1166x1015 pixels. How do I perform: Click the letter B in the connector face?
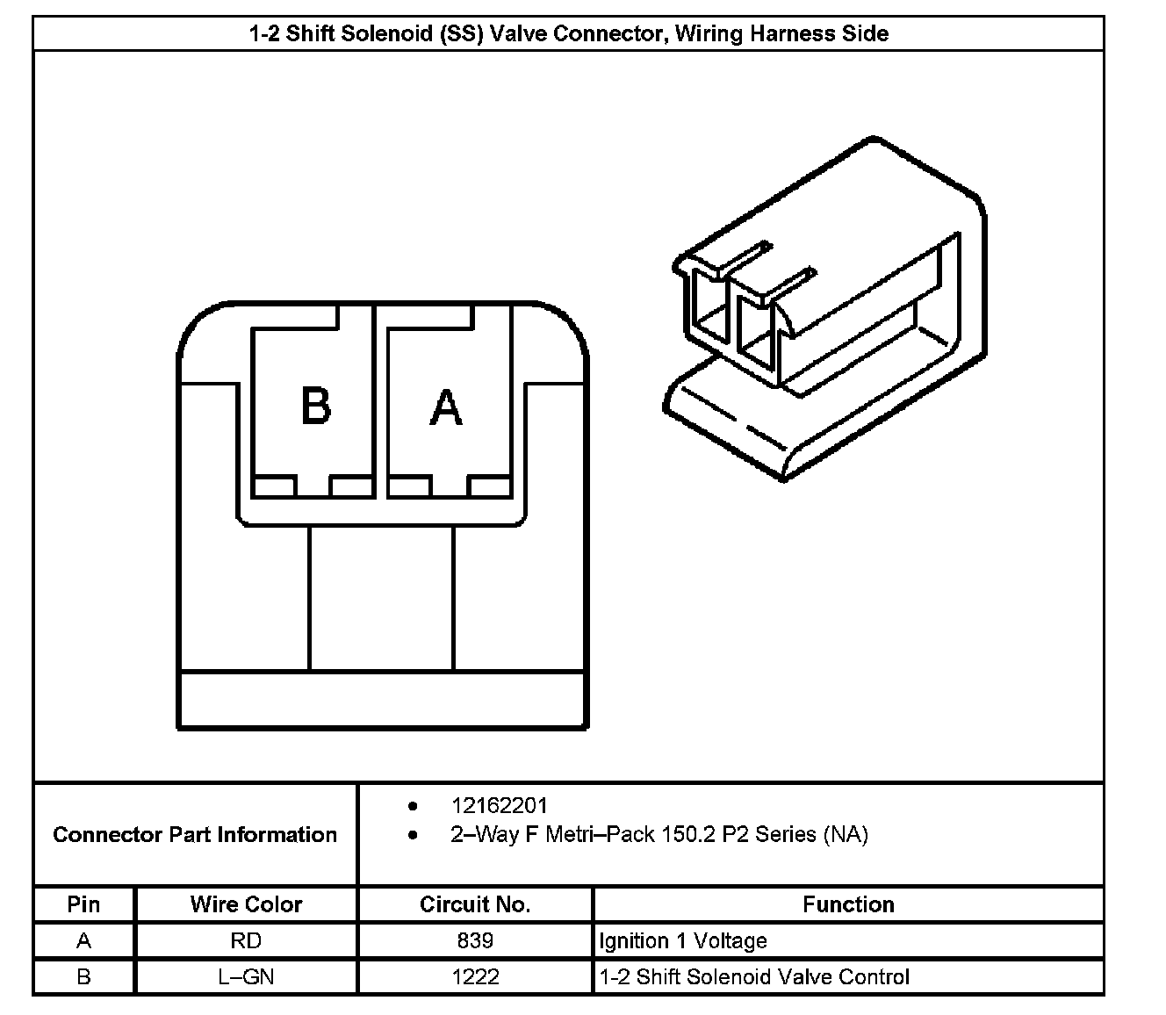(315, 406)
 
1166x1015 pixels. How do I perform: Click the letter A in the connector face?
(446, 407)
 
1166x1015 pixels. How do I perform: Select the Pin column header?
(83, 904)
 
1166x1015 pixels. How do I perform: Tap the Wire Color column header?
(246, 904)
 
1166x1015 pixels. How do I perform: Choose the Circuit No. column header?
(474, 904)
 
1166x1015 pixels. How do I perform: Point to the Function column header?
(847, 904)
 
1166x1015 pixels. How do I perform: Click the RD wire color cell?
(246, 941)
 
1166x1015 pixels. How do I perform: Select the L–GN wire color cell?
(246, 976)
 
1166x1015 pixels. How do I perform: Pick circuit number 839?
(475, 941)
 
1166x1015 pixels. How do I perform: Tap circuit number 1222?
(475, 976)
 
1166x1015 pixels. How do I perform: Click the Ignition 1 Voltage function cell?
(683, 941)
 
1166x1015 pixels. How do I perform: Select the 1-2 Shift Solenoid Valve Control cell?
(754, 976)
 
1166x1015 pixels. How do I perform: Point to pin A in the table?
(83, 941)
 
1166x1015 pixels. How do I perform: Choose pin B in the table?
(83, 976)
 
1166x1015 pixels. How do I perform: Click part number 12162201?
(499, 805)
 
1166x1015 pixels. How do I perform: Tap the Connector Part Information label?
(195, 834)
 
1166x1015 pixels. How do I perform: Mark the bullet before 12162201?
(413, 805)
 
